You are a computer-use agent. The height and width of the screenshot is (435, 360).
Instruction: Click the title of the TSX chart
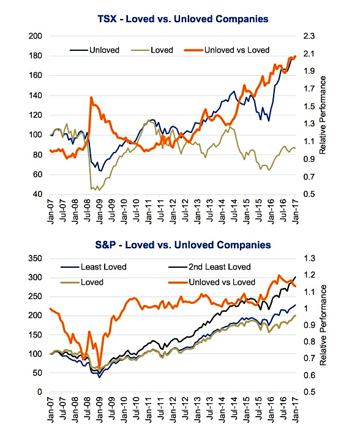(183, 19)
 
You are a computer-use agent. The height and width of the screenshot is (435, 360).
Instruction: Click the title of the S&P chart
(183, 245)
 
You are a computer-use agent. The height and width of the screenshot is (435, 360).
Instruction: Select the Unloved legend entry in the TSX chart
(94, 50)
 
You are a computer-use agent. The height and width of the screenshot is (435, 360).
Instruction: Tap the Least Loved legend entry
(94, 267)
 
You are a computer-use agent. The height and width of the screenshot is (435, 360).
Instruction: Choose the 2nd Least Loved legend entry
(209, 267)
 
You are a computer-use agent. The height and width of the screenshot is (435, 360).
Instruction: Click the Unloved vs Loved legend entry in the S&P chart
(212, 282)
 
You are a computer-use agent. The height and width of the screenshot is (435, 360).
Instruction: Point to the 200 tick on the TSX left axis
(35, 36)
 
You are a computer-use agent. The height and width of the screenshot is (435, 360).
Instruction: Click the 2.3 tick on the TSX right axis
(309, 36)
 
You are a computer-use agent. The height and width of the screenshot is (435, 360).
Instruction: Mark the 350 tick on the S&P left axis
(35, 259)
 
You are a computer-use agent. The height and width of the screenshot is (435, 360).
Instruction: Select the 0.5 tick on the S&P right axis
(309, 392)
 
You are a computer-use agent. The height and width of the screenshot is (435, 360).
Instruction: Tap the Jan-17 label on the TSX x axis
(295, 211)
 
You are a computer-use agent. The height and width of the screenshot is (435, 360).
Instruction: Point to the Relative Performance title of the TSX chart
(323, 115)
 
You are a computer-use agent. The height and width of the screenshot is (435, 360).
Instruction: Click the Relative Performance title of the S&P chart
(323, 325)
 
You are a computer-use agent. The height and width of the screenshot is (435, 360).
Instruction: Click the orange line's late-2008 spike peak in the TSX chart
(91, 97)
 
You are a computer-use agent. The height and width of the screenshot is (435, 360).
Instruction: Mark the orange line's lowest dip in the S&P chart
(100, 368)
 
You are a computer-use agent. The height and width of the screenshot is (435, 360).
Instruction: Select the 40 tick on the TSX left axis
(37, 194)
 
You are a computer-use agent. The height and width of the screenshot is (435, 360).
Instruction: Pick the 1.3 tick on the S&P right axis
(309, 259)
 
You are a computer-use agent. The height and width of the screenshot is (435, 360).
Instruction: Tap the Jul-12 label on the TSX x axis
(185, 211)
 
